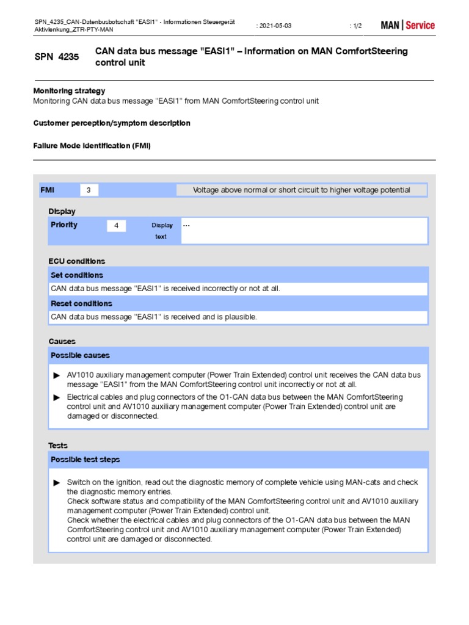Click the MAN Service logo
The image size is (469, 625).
coord(407,25)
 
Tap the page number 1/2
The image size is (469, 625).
coord(356,26)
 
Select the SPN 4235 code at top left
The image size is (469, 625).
coord(56,57)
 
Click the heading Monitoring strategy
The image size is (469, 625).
coord(69,90)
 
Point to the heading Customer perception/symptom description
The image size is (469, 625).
coord(112,123)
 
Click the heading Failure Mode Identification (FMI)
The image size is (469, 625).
coord(92,146)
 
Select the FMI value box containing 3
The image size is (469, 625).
coord(89,190)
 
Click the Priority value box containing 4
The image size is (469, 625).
coord(116,226)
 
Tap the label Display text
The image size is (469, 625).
coord(162,231)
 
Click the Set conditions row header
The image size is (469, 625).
coord(77,275)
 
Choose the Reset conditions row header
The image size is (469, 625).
coord(81,303)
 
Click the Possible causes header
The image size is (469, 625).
coord(80,355)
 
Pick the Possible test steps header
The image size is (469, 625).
coord(85,459)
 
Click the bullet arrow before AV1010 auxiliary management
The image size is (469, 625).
coord(57,375)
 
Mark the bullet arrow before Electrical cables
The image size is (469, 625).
coord(57,397)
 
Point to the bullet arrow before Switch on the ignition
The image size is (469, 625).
coord(57,482)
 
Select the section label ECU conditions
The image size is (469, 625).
coord(77,261)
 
